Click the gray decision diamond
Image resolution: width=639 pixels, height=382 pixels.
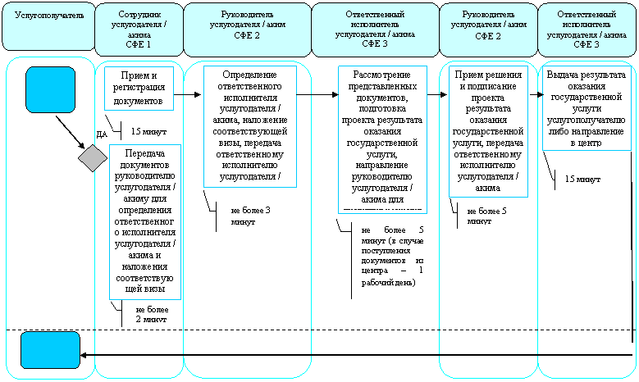[x=93, y=158]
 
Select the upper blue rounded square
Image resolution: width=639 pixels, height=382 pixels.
[x=51, y=89]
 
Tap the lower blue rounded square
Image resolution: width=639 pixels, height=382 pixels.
[x=51, y=350]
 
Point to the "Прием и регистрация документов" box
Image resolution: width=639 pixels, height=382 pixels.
[x=139, y=89]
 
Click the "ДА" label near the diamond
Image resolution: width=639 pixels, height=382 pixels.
[x=102, y=134]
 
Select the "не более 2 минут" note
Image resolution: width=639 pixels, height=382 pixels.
[x=152, y=315]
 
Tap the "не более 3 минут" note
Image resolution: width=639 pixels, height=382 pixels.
[x=250, y=216]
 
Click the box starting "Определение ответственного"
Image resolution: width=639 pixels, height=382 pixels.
[x=250, y=126]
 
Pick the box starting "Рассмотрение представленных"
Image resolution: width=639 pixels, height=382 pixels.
[x=382, y=139]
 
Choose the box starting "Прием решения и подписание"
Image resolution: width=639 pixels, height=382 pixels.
[x=488, y=131]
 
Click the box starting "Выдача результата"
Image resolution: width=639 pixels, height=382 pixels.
[x=586, y=109]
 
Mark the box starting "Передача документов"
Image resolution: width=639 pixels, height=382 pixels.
[x=144, y=221]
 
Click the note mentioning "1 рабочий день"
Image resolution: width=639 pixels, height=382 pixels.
[x=392, y=256]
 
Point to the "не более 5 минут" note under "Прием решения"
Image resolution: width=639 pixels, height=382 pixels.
[x=486, y=216]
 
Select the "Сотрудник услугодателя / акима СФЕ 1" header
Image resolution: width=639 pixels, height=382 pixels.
[x=139, y=30]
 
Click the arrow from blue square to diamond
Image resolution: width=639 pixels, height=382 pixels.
[x=70, y=132]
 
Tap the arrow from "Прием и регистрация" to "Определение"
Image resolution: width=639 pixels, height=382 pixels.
[x=188, y=95]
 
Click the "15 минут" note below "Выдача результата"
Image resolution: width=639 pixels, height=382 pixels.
[x=582, y=180]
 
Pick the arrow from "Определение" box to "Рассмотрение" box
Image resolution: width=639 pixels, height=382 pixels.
[x=317, y=95]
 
